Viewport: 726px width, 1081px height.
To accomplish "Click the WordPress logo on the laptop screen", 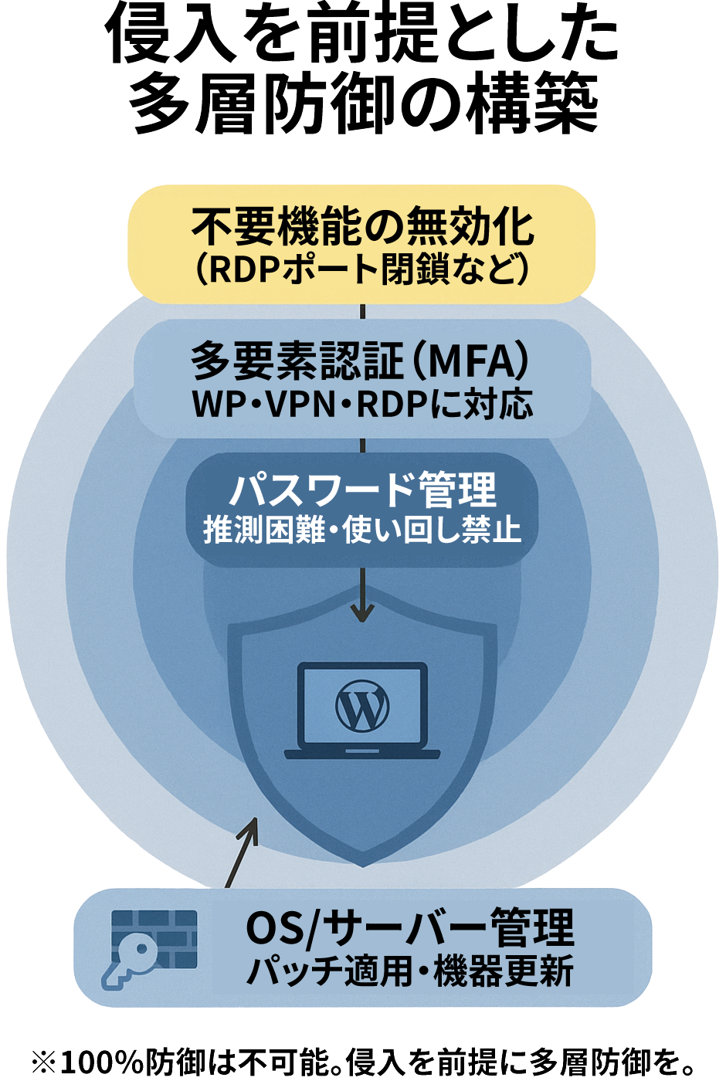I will tap(361, 706).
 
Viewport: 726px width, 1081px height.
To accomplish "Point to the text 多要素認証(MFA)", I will tap(361, 361).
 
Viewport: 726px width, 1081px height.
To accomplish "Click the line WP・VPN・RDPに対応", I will tap(361, 404).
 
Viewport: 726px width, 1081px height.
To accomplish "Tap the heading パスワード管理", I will tap(361, 490).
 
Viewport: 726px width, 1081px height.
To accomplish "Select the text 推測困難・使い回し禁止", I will tap(361, 530).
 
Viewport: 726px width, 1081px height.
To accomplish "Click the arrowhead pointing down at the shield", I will tap(362, 614).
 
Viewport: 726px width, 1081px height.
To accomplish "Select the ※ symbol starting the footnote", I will tap(44, 1062).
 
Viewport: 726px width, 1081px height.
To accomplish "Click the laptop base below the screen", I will tap(361, 753).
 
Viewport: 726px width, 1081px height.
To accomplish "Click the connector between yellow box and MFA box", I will tap(362, 311).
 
